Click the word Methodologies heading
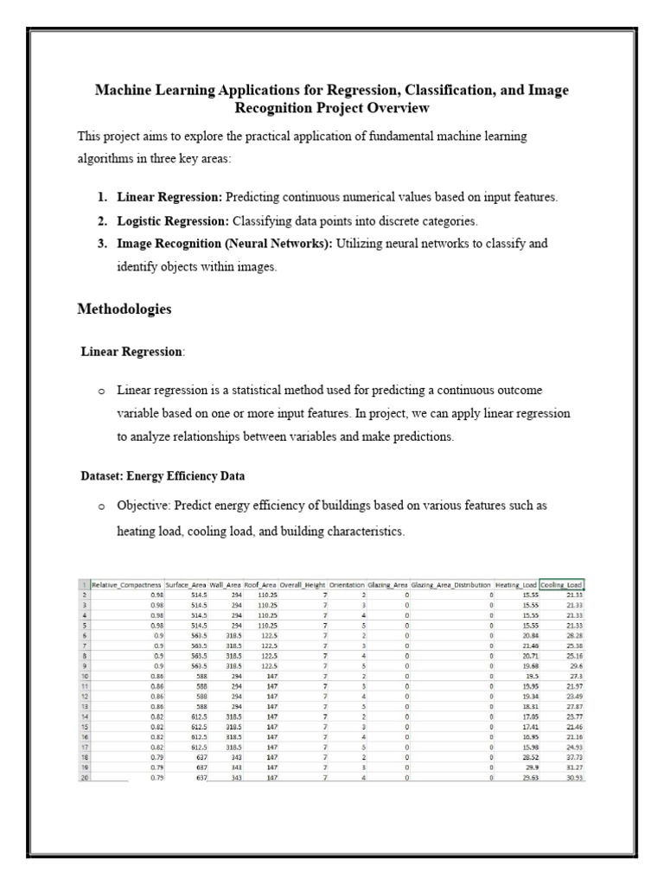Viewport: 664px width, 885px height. click(x=124, y=309)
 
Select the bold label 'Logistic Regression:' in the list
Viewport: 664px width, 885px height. click(x=170, y=220)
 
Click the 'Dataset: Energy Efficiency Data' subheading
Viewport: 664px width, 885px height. click(x=163, y=475)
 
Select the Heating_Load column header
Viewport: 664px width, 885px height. click(x=517, y=584)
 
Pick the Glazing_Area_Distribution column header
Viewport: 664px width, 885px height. click(x=450, y=584)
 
